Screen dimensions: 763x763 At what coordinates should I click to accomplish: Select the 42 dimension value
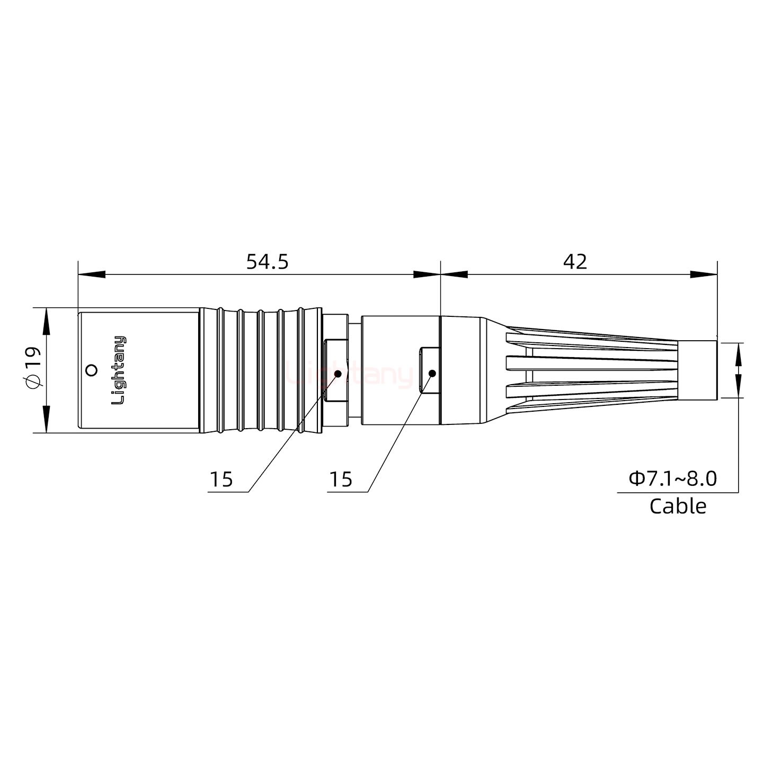point(575,262)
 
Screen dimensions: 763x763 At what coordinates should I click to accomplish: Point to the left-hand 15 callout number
point(221,480)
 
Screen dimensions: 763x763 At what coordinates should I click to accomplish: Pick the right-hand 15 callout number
point(340,480)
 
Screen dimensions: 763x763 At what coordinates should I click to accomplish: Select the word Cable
point(678,506)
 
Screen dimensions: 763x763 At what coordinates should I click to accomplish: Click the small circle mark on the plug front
point(92,370)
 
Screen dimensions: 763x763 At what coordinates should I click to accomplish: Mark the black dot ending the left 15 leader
point(338,374)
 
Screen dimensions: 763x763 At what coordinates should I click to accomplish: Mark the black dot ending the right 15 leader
point(432,374)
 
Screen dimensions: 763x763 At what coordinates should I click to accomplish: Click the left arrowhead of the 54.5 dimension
point(91,274)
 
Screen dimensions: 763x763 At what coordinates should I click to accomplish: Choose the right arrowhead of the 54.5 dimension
point(427,274)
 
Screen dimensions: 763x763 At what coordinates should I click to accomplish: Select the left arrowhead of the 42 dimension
point(454,274)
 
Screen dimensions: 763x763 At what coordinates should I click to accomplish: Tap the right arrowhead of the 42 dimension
point(704,274)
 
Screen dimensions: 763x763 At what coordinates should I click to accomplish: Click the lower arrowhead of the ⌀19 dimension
point(47,419)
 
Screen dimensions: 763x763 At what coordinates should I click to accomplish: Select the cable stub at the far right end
point(698,370)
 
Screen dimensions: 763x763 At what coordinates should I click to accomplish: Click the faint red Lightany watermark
point(350,375)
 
